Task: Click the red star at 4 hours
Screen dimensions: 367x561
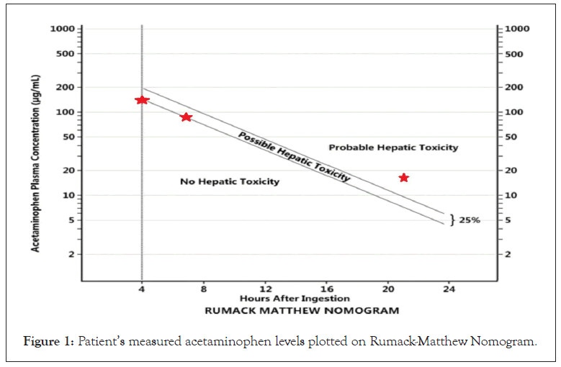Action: click(142, 99)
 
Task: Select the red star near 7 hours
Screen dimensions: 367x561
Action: click(186, 117)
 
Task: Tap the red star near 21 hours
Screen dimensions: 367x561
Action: click(403, 178)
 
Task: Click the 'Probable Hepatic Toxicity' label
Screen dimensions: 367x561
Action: click(393, 148)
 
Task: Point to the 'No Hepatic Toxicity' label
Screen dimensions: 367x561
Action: click(230, 182)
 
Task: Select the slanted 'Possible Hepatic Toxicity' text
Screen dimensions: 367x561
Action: click(294, 156)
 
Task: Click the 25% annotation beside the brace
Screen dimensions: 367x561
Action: click(470, 219)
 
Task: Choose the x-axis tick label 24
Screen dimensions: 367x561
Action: click(449, 289)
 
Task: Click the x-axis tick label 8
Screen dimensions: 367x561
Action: click(204, 289)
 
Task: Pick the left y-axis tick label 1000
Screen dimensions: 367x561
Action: click(63, 29)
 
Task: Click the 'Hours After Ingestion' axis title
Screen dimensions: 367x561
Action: click(295, 299)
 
